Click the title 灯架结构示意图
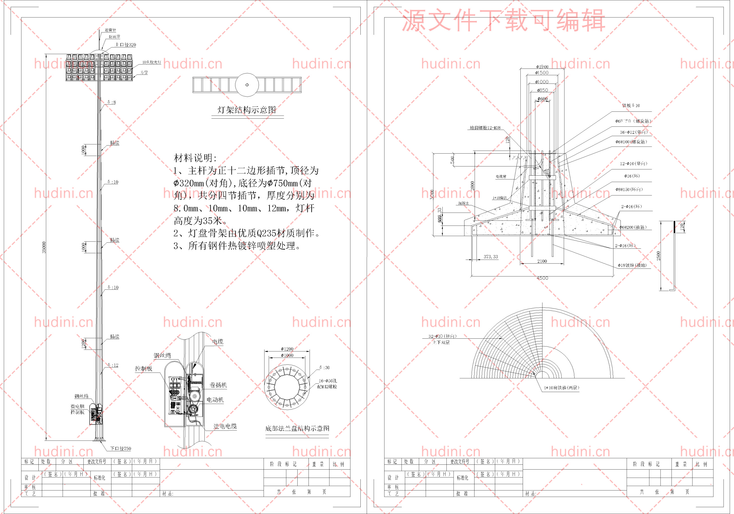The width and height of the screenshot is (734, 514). pos(247,110)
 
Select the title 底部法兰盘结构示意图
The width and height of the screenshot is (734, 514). pos(297,428)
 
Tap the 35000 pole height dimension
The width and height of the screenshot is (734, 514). pos(44,248)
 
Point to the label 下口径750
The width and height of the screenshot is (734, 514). pos(120,448)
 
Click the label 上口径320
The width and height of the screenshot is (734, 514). pos(126,45)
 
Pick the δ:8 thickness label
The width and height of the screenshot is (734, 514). pos(112,102)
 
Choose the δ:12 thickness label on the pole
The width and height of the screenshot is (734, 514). pos(113,365)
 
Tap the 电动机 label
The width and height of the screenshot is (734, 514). pos(215,400)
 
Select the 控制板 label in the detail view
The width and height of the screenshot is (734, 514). pos(144,368)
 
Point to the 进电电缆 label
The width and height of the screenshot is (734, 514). pos(225,426)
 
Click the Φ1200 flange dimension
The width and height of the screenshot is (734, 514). pos(287,349)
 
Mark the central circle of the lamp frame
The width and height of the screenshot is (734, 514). pos(247,85)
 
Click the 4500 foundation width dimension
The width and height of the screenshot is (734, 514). pos(542,278)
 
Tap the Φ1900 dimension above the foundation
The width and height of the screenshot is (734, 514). pos(542,67)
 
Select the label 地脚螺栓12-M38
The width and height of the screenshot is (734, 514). pos(485,128)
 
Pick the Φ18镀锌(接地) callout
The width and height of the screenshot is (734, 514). pos(632,265)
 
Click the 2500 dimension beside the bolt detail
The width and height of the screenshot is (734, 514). pos(659,256)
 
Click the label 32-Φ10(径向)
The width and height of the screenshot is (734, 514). pos(442,336)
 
